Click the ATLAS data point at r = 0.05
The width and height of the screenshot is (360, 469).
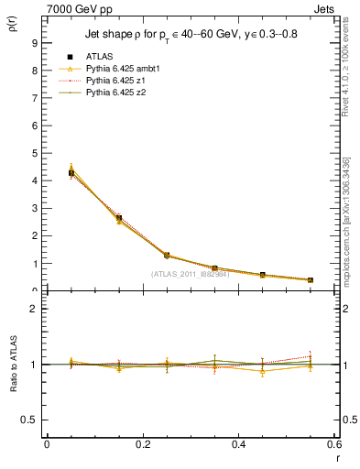[71, 172]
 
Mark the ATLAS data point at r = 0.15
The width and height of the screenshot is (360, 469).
[119, 218]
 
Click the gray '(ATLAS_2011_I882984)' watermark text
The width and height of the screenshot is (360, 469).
[190, 274]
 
